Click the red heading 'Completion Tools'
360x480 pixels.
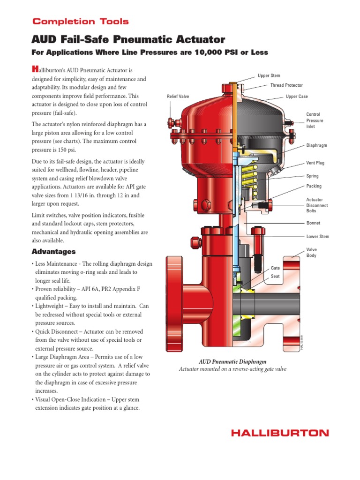coord(80,22)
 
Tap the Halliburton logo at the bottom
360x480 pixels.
coord(280,433)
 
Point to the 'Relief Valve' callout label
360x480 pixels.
coord(178,97)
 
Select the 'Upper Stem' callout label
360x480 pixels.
coord(269,75)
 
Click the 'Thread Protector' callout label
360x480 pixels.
coord(286,85)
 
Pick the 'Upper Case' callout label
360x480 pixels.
coord(297,97)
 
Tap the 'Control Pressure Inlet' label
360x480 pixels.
coord(315,120)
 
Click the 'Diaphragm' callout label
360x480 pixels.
coord(316,146)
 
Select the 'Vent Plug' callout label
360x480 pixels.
coord(315,163)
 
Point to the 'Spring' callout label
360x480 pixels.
coord(312,176)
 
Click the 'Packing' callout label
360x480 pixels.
coord(314,187)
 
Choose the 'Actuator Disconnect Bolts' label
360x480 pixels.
coord(317,205)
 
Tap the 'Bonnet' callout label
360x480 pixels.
coord(313,223)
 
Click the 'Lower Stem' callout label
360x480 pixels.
coord(317,237)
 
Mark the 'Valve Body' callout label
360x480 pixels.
coord(312,253)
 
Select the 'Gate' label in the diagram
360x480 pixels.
coord(275,268)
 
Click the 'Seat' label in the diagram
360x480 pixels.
coord(275,277)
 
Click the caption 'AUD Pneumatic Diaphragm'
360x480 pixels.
coord(232,362)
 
